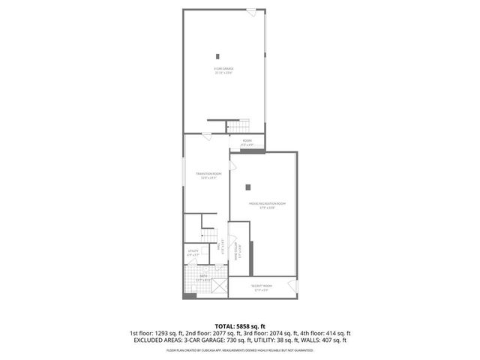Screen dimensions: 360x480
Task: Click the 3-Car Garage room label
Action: click(x=223, y=70)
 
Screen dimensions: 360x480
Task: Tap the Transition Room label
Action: click(x=207, y=176)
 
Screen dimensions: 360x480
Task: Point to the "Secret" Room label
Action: click(x=262, y=287)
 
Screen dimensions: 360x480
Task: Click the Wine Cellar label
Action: click(x=236, y=255)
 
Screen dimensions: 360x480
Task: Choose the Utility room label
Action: click(x=193, y=253)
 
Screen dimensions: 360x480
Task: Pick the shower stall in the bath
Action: click(x=217, y=286)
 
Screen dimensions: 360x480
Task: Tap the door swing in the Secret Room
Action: click(x=293, y=284)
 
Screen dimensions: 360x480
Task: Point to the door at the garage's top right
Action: click(x=250, y=11)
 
